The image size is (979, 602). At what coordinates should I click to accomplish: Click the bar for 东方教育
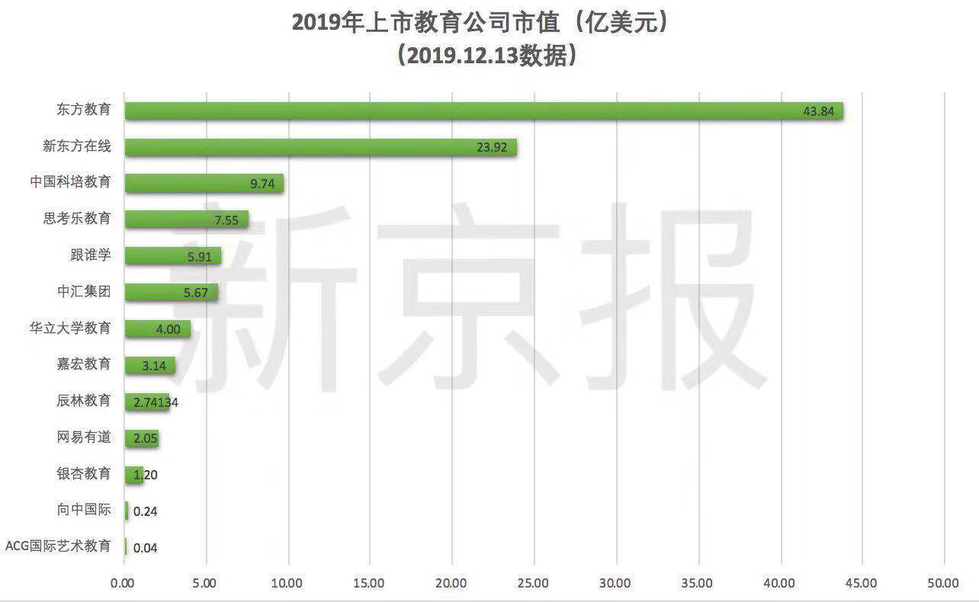click(483, 110)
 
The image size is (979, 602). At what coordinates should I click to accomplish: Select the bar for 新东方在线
click(320, 147)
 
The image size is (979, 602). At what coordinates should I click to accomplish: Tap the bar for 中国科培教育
click(204, 184)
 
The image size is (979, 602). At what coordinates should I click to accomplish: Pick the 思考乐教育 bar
click(186, 219)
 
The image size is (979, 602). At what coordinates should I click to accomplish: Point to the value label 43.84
click(819, 111)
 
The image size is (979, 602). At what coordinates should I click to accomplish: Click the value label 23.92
click(492, 148)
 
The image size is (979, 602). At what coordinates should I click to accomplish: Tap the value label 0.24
click(145, 511)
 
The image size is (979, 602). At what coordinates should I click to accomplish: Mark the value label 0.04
click(145, 547)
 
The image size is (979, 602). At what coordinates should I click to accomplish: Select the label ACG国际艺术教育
click(58, 546)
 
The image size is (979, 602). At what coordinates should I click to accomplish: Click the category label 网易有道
click(84, 437)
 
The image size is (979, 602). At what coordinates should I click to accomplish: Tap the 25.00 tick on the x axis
click(533, 584)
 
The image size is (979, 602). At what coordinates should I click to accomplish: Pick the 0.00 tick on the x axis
click(123, 584)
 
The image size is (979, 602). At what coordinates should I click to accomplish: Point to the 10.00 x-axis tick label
click(287, 584)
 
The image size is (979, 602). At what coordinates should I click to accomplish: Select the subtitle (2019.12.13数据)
click(483, 56)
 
